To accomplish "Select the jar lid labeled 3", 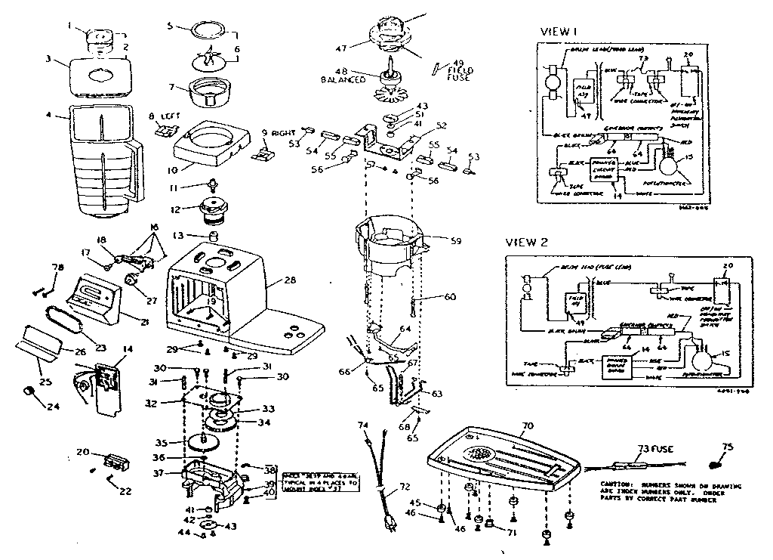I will [x=100, y=76].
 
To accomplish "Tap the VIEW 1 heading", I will [x=559, y=32].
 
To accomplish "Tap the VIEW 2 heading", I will [x=527, y=243].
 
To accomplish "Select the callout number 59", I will [x=454, y=243].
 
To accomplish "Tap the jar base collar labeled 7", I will [x=210, y=93].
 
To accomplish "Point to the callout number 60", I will [x=450, y=298].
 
